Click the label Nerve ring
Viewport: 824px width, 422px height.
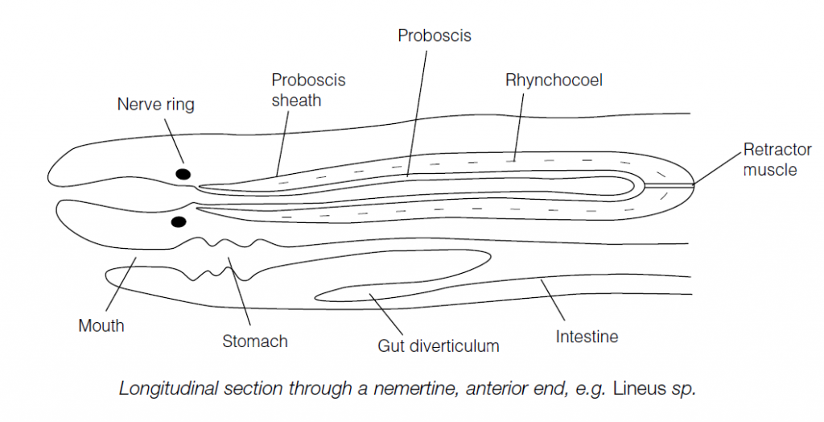pyautogui.click(x=155, y=105)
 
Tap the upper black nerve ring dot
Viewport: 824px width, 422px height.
pyautogui.click(x=183, y=173)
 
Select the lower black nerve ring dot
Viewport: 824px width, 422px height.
pyautogui.click(x=178, y=221)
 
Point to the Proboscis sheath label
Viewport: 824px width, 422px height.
pyautogui.click(x=296, y=90)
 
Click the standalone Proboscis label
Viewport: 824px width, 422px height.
pyautogui.click(x=435, y=36)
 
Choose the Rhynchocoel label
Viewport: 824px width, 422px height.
pyautogui.click(x=554, y=81)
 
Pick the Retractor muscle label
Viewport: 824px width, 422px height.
pyautogui.click(x=769, y=159)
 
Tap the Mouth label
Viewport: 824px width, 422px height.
pyautogui.click(x=101, y=326)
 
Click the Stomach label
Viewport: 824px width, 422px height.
pyautogui.click(x=255, y=341)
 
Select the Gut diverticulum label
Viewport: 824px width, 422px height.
pyautogui.click(x=439, y=346)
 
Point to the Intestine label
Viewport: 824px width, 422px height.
pyautogui.click(x=587, y=336)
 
